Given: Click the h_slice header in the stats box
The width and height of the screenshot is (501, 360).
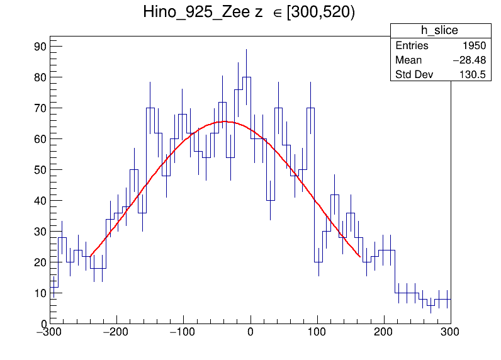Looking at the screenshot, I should click(439, 31).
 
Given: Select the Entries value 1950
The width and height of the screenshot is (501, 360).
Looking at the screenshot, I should click(473, 46).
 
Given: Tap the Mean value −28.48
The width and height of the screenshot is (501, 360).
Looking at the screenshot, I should click(469, 60).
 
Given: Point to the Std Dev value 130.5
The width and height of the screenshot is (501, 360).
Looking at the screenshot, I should click(473, 75).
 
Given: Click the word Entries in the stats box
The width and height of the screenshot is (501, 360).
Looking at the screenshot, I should click(412, 46).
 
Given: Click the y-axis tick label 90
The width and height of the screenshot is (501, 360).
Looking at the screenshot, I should click(40, 47).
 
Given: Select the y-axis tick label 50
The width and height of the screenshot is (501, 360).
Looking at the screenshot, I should click(40, 170).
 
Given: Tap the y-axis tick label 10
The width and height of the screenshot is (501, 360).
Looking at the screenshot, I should click(40, 293).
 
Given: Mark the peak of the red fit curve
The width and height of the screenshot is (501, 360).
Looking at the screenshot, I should click(225, 121).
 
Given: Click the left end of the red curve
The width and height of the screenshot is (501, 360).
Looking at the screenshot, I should click(91, 256).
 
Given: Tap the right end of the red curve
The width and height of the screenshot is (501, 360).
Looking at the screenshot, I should click(360, 257).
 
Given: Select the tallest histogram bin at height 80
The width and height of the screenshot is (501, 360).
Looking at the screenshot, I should click(247, 77).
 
